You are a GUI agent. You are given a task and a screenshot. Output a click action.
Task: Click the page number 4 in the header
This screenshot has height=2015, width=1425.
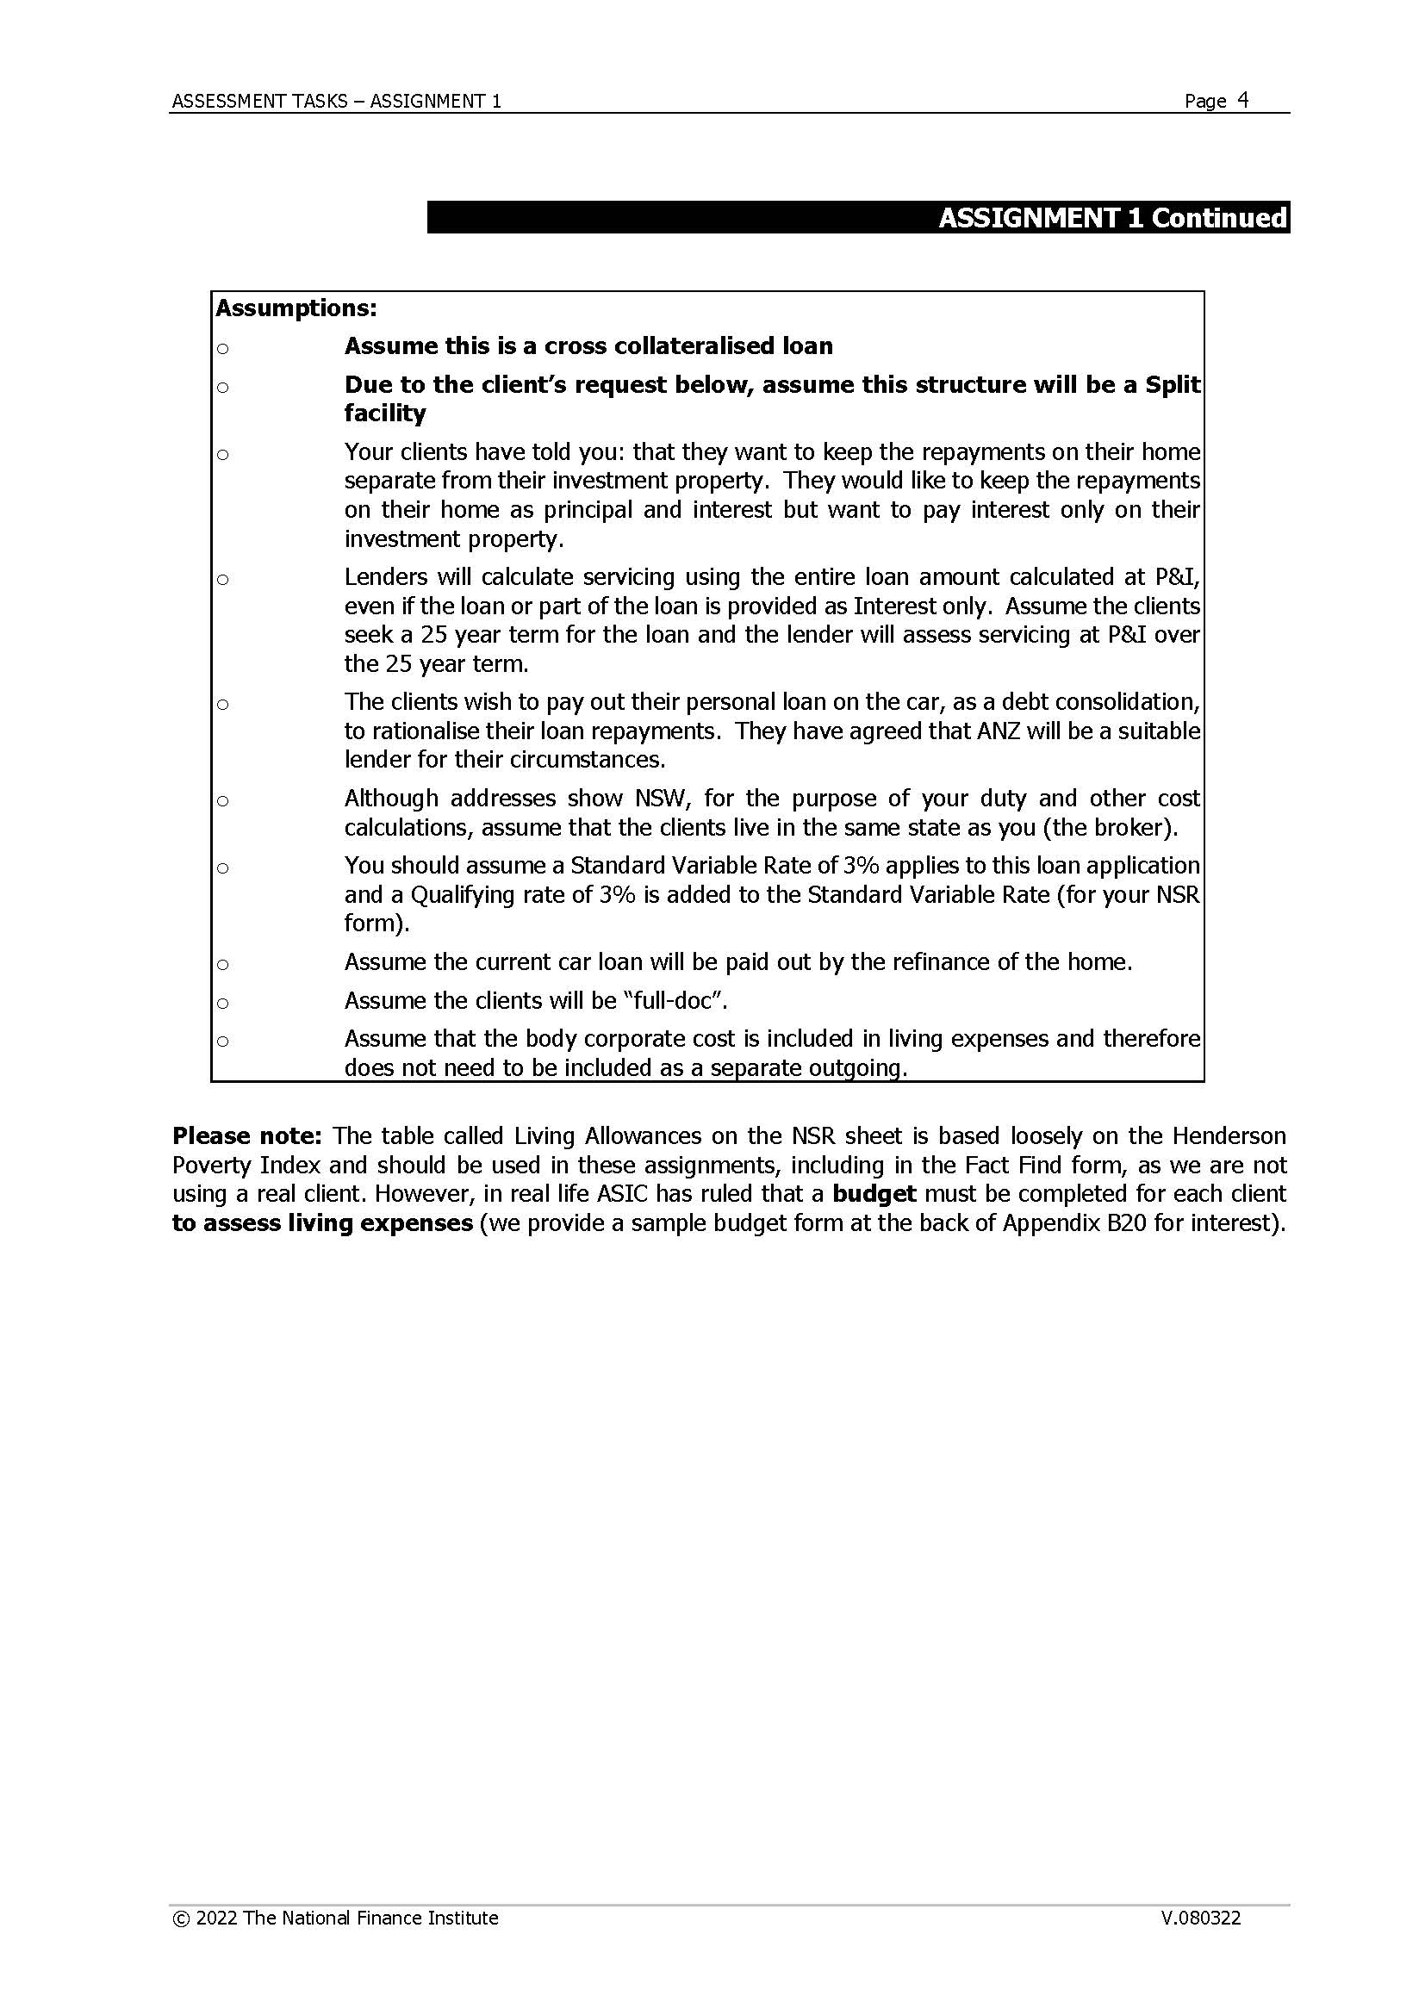[x=1242, y=100]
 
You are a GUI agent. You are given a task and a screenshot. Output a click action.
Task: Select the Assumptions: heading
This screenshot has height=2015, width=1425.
[x=296, y=308]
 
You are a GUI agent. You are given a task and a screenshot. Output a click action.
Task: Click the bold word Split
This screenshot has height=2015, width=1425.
[x=1173, y=384]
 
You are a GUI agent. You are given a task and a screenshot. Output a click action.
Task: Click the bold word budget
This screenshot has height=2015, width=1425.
[x=874, y=1193]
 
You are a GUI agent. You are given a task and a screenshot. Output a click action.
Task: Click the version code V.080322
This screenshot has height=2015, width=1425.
[x=1200, y=1919]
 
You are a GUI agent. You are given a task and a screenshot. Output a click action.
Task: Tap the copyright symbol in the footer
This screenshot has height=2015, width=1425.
[x=181, y=1919]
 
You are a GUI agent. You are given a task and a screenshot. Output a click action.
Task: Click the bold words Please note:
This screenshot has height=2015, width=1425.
[x=247, y=1135]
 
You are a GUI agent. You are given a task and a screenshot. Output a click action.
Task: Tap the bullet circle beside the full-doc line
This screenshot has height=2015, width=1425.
[x=223, y=1002]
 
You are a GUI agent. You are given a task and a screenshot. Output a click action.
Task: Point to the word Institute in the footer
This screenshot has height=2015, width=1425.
[x=463, y=1919]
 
